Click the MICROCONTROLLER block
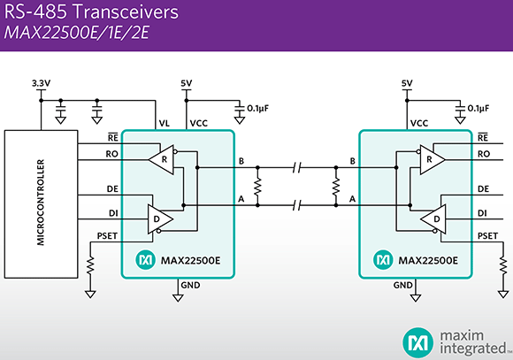coord(41,204)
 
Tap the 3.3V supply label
coord(42,83)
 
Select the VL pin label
coord(165,123)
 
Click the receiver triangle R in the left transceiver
coord(162,160)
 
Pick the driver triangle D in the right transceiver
coord(433,219)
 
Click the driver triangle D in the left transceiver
coord(160,219)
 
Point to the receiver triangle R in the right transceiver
coord(433,160)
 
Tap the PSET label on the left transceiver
coord(107,236)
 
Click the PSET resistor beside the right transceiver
coord(503,265)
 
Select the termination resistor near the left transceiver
coord(257,187)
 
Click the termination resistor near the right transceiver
coord(336,187)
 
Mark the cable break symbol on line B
coord(296,167)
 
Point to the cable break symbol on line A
coord(296,205)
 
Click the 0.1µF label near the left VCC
coord(257,108)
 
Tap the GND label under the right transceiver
coord(402,286)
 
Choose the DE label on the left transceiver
coord(112,189)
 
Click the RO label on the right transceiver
coord(484,154)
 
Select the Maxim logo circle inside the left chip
coord(146,260)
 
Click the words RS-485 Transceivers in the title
coord(91,11)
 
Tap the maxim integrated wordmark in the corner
coord(474,342)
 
